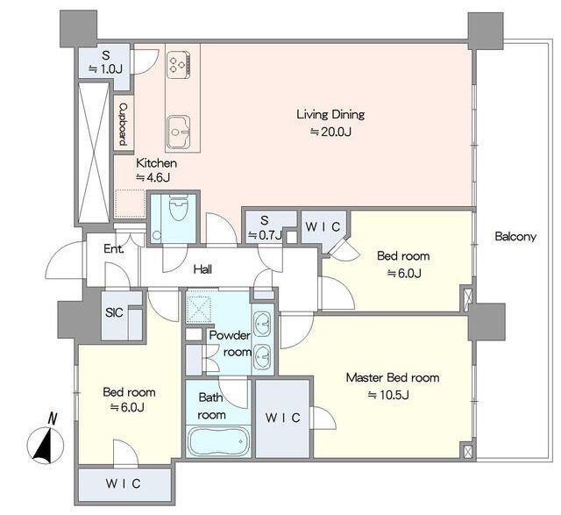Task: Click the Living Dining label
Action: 330,115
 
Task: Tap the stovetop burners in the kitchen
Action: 178,64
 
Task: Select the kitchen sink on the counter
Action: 178,132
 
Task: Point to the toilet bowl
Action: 179,208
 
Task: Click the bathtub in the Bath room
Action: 218,441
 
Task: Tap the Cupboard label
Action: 123,124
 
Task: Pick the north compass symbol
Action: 46,440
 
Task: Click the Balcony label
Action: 515,237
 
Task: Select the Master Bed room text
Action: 393,377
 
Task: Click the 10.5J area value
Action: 389,395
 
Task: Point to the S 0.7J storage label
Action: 265,228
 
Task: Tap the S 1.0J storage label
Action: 106,61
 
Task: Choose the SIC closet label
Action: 114,312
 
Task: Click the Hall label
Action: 202,269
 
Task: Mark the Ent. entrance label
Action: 114,248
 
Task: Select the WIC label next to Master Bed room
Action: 282,418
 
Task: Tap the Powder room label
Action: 231,344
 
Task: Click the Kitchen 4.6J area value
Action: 153,177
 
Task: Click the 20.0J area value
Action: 330,132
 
